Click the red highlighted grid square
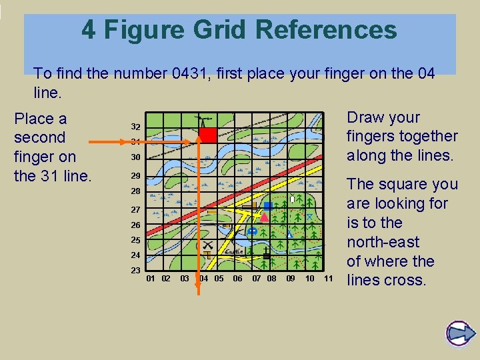208,135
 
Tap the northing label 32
135,127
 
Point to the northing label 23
135,271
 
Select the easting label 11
328,278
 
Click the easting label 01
151,278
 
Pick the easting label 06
237,278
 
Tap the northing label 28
135,191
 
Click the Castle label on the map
234,252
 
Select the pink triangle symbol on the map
264,217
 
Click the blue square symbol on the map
267,207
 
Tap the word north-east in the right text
383,241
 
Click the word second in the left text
39,138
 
